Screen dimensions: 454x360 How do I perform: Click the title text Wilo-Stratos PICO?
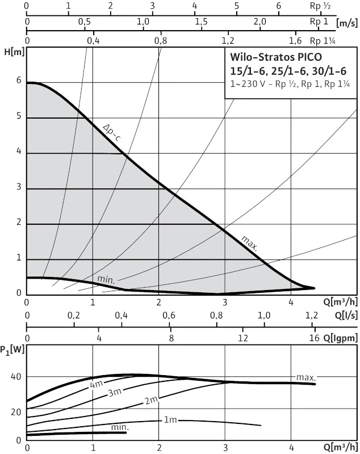tap(275, 57)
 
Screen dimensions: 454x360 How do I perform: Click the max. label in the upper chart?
tap(249, 242)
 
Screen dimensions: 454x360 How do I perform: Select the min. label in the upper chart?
tap(106, 279)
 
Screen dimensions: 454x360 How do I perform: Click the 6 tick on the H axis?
tap(19, 81)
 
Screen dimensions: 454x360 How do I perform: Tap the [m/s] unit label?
tap(346, 23)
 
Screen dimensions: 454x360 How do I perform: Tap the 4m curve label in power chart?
tap(96, 385)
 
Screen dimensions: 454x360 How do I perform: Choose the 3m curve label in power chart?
tap(115, 393)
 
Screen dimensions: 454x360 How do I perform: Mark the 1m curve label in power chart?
tap(170, 420)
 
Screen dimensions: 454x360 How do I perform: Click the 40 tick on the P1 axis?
tap(16, 377)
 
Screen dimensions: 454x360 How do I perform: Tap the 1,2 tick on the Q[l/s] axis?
tap(312, 316)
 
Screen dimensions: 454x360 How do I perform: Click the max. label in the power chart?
tap(306, 377)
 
